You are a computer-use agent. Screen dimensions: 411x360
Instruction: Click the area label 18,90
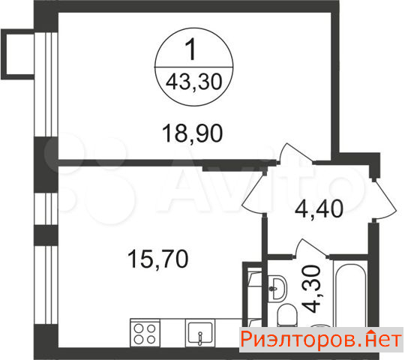tap(193, 133)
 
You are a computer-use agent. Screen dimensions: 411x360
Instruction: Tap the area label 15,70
tap(157, 259)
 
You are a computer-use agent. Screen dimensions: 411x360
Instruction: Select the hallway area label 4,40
tap(319, 208)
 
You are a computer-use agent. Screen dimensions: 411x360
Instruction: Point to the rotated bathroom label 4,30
tap(310, 289)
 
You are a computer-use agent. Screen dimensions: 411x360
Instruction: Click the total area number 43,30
tap(194, 82)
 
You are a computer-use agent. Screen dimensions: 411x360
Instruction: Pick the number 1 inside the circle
tap(191, 49)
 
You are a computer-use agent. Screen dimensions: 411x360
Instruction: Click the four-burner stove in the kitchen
tap(145, 333)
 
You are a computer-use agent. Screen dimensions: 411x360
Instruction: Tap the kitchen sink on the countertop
tap(200, 333)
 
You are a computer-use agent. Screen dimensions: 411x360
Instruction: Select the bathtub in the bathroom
tap(350, 295)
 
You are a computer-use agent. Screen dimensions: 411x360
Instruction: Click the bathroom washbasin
tap(277, 288)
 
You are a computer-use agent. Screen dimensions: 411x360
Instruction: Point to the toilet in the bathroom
tap(287, 316)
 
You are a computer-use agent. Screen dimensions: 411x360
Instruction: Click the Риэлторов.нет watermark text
tap(321, 340)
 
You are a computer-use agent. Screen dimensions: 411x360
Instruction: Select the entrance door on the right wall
tap(384, 199)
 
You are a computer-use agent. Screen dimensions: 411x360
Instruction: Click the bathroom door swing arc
tap(310, 247)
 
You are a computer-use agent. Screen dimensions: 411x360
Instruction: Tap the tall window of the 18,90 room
tap(46, 85)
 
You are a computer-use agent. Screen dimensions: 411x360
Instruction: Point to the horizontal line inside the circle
tap(193, 67)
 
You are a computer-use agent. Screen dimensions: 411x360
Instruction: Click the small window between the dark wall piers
tap(46, 209)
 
